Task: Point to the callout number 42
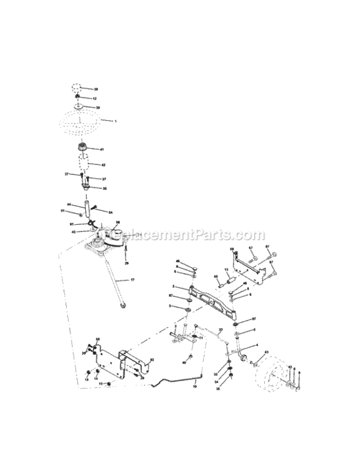(x=103, y=165)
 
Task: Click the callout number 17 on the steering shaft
(x=133, y=280)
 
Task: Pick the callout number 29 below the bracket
(x=126, y=264)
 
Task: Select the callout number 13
(x=226, y=270)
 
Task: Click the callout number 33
(x=216, y=374)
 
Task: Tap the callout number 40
(x=184, y=362)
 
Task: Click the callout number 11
(x=201, y=337)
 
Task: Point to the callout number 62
(x=153, y=361)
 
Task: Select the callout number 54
(x=110, y=212)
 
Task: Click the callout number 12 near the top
(x=95, y=98)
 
